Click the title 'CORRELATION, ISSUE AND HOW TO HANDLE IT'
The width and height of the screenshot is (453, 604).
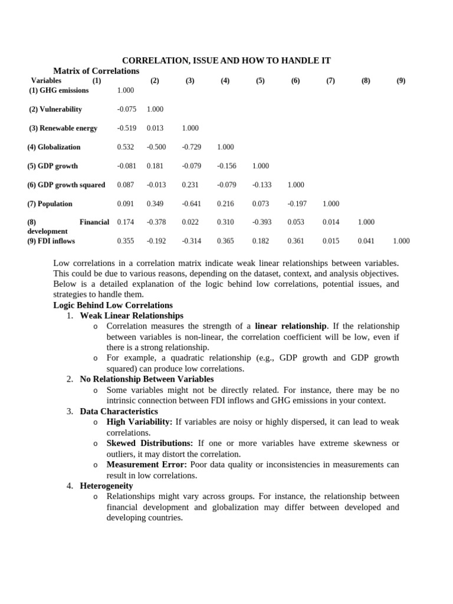(226, 61)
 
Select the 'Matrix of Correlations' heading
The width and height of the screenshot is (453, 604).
(96, 71)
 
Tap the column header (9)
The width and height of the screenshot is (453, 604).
(401, 81)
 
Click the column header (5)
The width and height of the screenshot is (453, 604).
(260, 81)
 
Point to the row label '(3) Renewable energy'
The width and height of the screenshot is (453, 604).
(63, 128)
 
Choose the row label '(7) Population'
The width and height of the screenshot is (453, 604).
(50, 203)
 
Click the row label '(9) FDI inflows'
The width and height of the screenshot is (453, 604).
(51, 241)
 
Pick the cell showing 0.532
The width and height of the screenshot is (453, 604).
(126, 147)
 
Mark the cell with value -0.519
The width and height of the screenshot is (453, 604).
(126, 128)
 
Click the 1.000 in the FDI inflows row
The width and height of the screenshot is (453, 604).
(401, 241)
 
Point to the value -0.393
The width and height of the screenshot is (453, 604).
(262, 222)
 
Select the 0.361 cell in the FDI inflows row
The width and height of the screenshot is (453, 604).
(296, 241)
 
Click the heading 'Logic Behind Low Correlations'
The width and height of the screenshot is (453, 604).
(113, 305)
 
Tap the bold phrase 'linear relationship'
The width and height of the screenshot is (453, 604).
(290, 326)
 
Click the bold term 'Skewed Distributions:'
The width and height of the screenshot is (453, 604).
(149, 443)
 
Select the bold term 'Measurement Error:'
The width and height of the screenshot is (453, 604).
(146, 464)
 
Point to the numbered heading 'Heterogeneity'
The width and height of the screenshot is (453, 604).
(106, 485)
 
